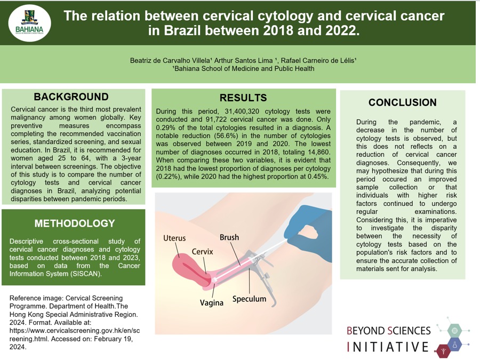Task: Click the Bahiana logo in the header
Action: point(30,22)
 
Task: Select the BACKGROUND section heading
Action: point(71,97)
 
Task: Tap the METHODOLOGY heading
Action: point(75,223)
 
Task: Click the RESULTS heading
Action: point(243,98)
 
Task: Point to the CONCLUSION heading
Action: point(403,102)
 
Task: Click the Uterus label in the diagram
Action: point(174,238)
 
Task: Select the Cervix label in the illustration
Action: point(202,252)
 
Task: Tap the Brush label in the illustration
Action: point(229,237)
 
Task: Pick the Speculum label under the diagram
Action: point(249,299)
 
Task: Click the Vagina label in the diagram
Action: point(212,303)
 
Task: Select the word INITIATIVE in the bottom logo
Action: point(388,347)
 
